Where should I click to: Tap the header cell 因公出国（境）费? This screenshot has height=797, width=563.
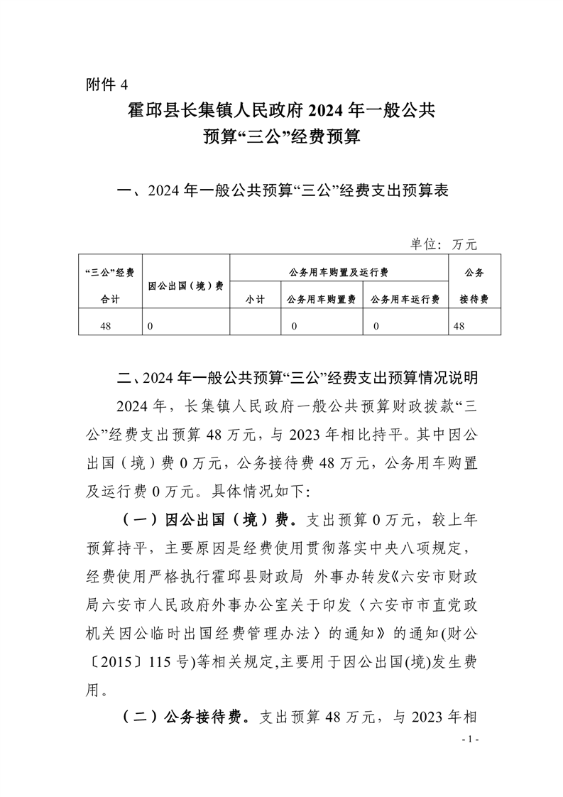[186, 286]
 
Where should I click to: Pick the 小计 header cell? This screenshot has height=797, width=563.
[256, 300]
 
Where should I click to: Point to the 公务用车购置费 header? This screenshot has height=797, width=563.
[322, 300]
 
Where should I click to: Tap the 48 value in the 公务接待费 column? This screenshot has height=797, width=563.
[459, 325]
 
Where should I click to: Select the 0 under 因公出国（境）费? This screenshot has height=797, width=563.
[151, 325]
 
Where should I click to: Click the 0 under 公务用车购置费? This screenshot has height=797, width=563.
[293, 325]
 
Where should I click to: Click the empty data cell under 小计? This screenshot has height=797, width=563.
[256, 325]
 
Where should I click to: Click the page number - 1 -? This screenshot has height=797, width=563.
[470, 740]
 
